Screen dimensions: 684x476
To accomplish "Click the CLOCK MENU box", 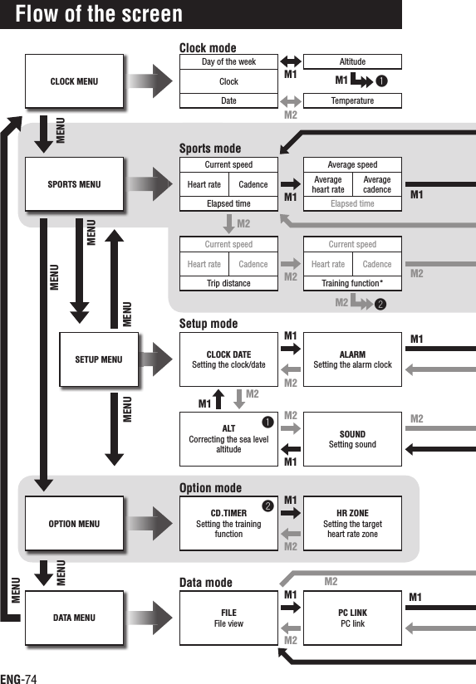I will click(74, 81).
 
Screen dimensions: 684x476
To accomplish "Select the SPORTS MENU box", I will click(74, 184).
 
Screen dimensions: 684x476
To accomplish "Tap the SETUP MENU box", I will click(98, 359).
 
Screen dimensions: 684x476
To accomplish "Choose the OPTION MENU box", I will click(74, 524).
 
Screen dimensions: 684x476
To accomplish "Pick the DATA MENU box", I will click(74, 618).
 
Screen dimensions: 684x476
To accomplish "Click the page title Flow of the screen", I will click(99, 14).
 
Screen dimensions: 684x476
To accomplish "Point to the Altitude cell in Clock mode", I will click(352, 61).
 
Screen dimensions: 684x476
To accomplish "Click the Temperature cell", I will click(352, 101).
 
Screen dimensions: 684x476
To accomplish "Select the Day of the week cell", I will click(228, 61).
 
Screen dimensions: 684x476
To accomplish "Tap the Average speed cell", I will click(352, 164).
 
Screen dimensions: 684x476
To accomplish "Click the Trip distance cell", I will click(228, 284).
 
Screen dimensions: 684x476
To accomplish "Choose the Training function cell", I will click(352, 284).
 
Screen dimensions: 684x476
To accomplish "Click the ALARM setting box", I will click(352, 359).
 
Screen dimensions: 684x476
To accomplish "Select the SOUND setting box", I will click(352, 439).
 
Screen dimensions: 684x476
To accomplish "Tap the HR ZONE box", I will click(352, 524).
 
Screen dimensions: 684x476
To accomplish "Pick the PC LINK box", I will click(352, 618).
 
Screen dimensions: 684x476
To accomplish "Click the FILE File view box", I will click(228, 618).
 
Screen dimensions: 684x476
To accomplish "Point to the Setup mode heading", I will click(209, 324).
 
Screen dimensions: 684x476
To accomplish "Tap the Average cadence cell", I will click(377, 184).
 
